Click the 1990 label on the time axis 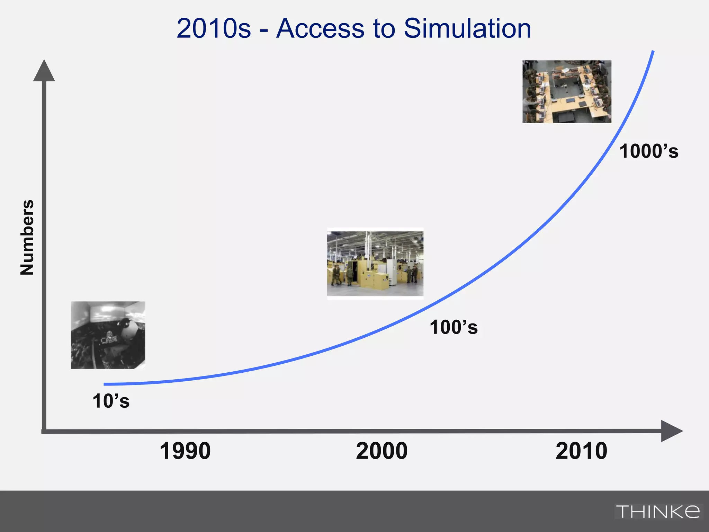(x=185, y=451)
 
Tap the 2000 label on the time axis (x=382, y=451)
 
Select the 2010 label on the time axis (x=581, y=451)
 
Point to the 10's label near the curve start (x=111, y=401)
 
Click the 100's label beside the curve (x=454, y=327)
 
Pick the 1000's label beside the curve (x=649, y=151)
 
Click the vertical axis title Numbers (x=27, y=238)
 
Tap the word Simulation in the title (x=467, y=28)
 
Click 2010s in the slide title (x=214, y=28)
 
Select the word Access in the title (x=320, y=28)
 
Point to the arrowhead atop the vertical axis (x=44, y=71)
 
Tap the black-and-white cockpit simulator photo (x=108, y=335)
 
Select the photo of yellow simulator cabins (x=375, y=264)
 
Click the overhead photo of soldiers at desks (x=567, y=92)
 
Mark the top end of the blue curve (x=653, y=52)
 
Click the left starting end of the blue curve (x=105, y=384)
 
